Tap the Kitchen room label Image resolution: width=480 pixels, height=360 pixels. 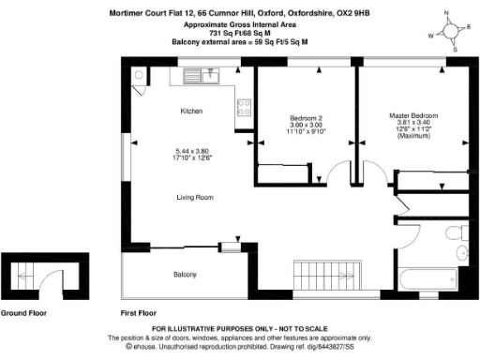click(191, 112)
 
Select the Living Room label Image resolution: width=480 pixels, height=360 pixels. click(196, 198)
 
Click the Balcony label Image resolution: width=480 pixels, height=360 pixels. click(184, 275)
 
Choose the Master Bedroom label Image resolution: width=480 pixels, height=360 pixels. click(413, 115)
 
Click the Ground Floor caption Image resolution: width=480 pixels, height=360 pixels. click(25, 312)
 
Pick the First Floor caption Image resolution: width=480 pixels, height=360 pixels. click(139, 312)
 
